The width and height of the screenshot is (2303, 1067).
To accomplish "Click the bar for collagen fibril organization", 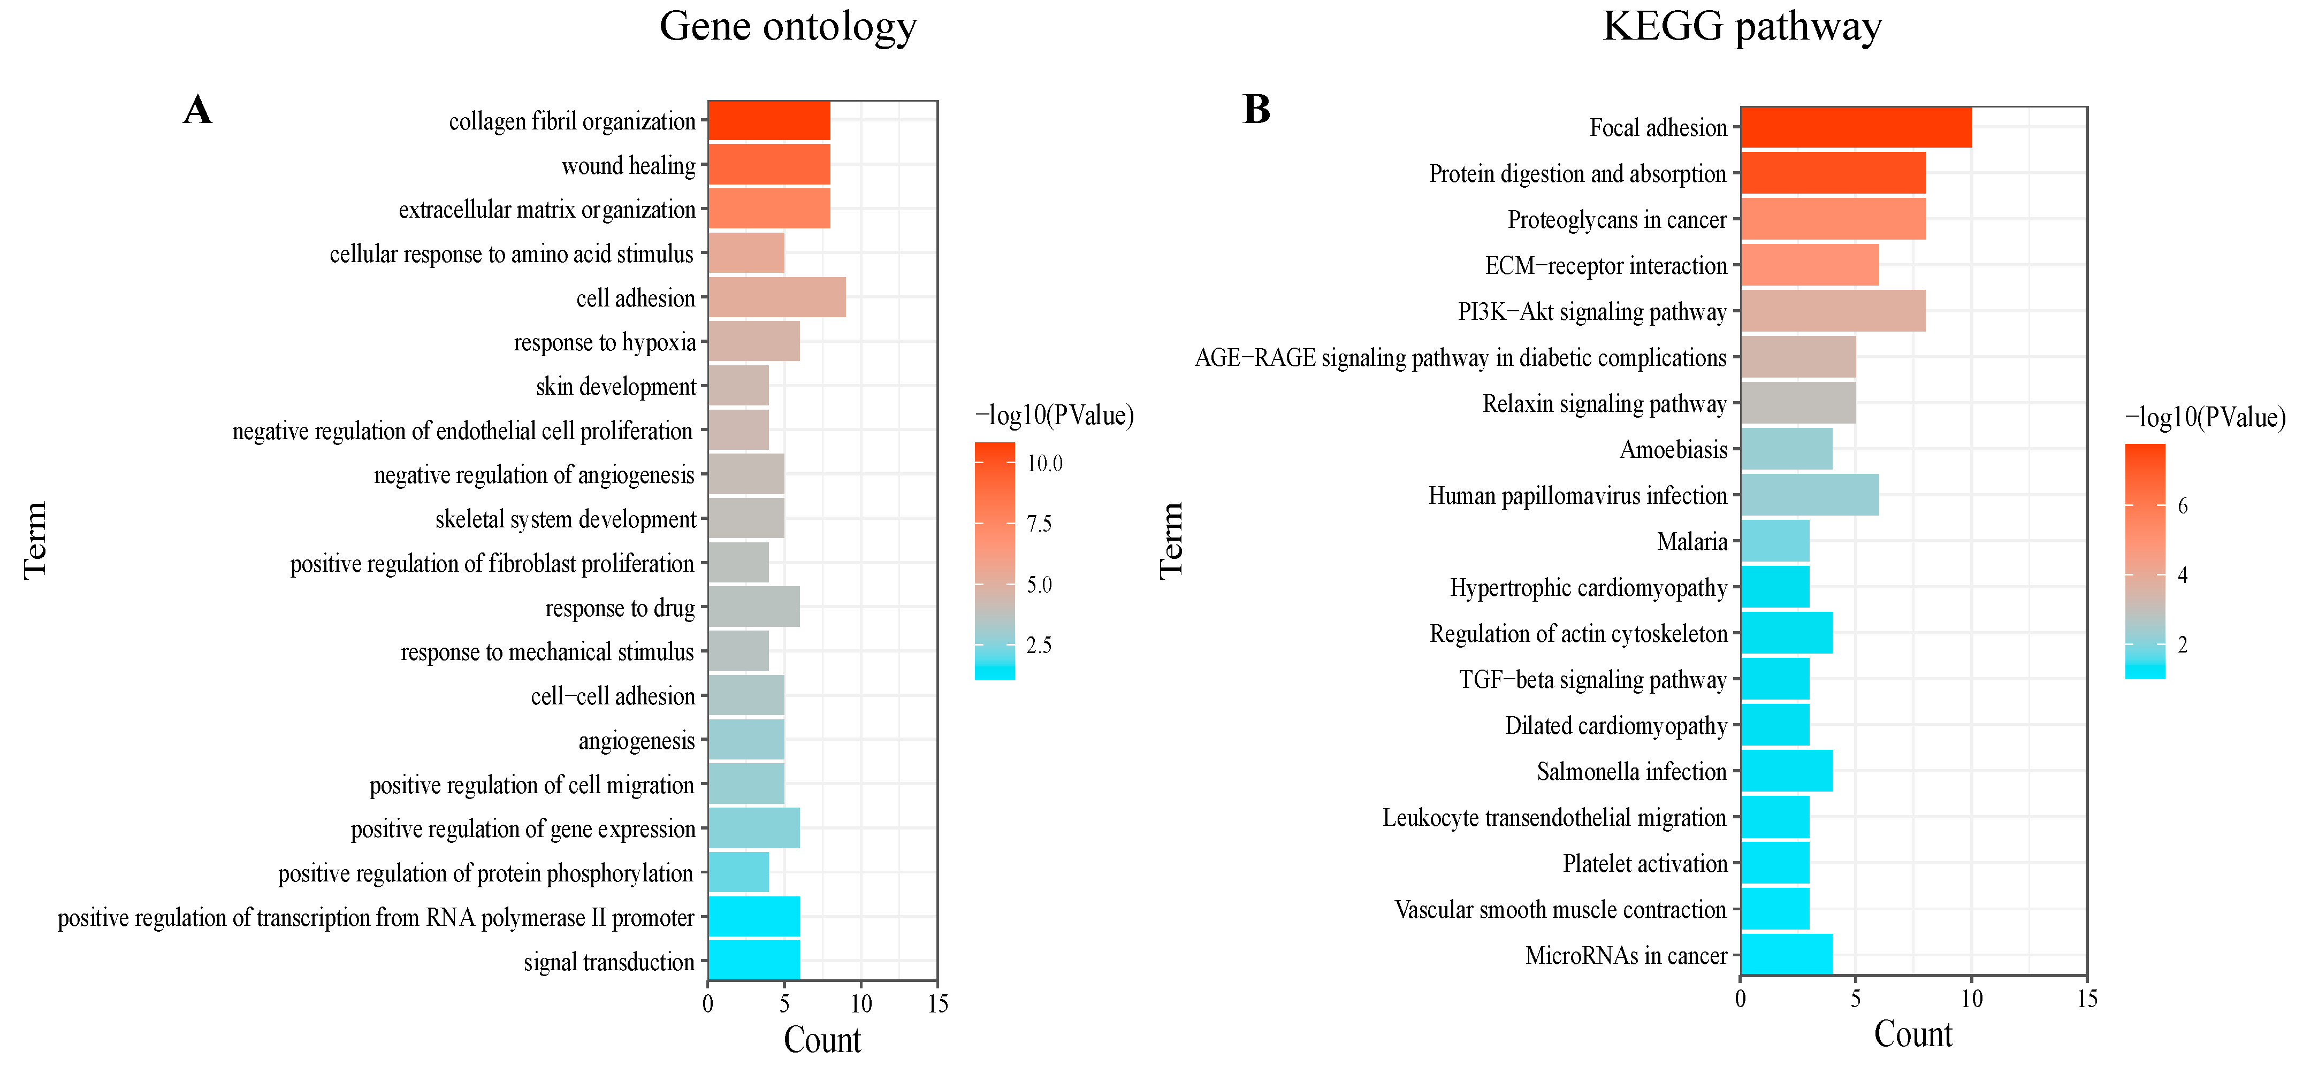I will pyautogui.click(x=769, y=121).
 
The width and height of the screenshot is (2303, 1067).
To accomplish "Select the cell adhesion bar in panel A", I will pyautogui.click(x=776, y=297).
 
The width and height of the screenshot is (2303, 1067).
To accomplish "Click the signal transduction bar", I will pyautogui.click(x=753, y=961).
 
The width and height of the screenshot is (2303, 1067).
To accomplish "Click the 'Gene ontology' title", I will pyautogui.click(x=788, y=27).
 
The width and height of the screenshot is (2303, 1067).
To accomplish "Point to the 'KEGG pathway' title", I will pyautogui.click(x=1742, y=27).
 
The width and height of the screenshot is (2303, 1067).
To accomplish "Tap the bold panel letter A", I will pyautogui.click(x=197, y=111).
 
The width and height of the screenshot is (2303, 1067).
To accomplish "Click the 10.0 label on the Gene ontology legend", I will pyautogui.click(x=1044, y=464).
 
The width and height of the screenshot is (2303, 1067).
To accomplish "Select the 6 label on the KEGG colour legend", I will pyautogui.click(x=2182, y=506).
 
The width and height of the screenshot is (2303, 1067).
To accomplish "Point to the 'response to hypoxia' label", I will pyautogui.click(x=604, y=342).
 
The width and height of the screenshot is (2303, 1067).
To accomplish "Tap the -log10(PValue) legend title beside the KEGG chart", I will pyautogui.click(x=2204, y=417).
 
